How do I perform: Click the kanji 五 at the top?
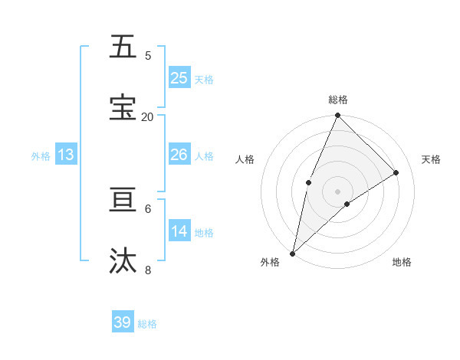click(x=123, y=47)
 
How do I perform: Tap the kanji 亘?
click(x=123, y=200)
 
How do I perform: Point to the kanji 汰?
click(x=123, y=261)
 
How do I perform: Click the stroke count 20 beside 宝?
click(x=147, y=116)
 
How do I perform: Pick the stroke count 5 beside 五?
click(x=147, y=55)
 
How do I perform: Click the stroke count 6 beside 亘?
click(x=147, y=208)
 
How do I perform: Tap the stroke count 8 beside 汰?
click(x=147, y=270)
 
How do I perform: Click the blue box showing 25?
click(x=179, y=77)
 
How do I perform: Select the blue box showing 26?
click(x=179, y=155)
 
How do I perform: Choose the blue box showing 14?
click(x=179, y=231)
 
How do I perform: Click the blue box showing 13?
click(x=66, y=155)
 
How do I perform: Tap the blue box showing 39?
click(x=122, y=322)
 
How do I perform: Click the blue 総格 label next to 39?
click(x=147, y=324)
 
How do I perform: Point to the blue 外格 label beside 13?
click(x=41, y=156)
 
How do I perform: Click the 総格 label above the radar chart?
click(x=338, y=100)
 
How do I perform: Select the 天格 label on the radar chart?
click(x=432, y=159)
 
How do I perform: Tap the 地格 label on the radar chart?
click(x=402, y=262)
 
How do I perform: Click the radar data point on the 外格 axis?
click(x=292, y=253)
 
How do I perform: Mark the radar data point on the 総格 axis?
click(x=338, y=116)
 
